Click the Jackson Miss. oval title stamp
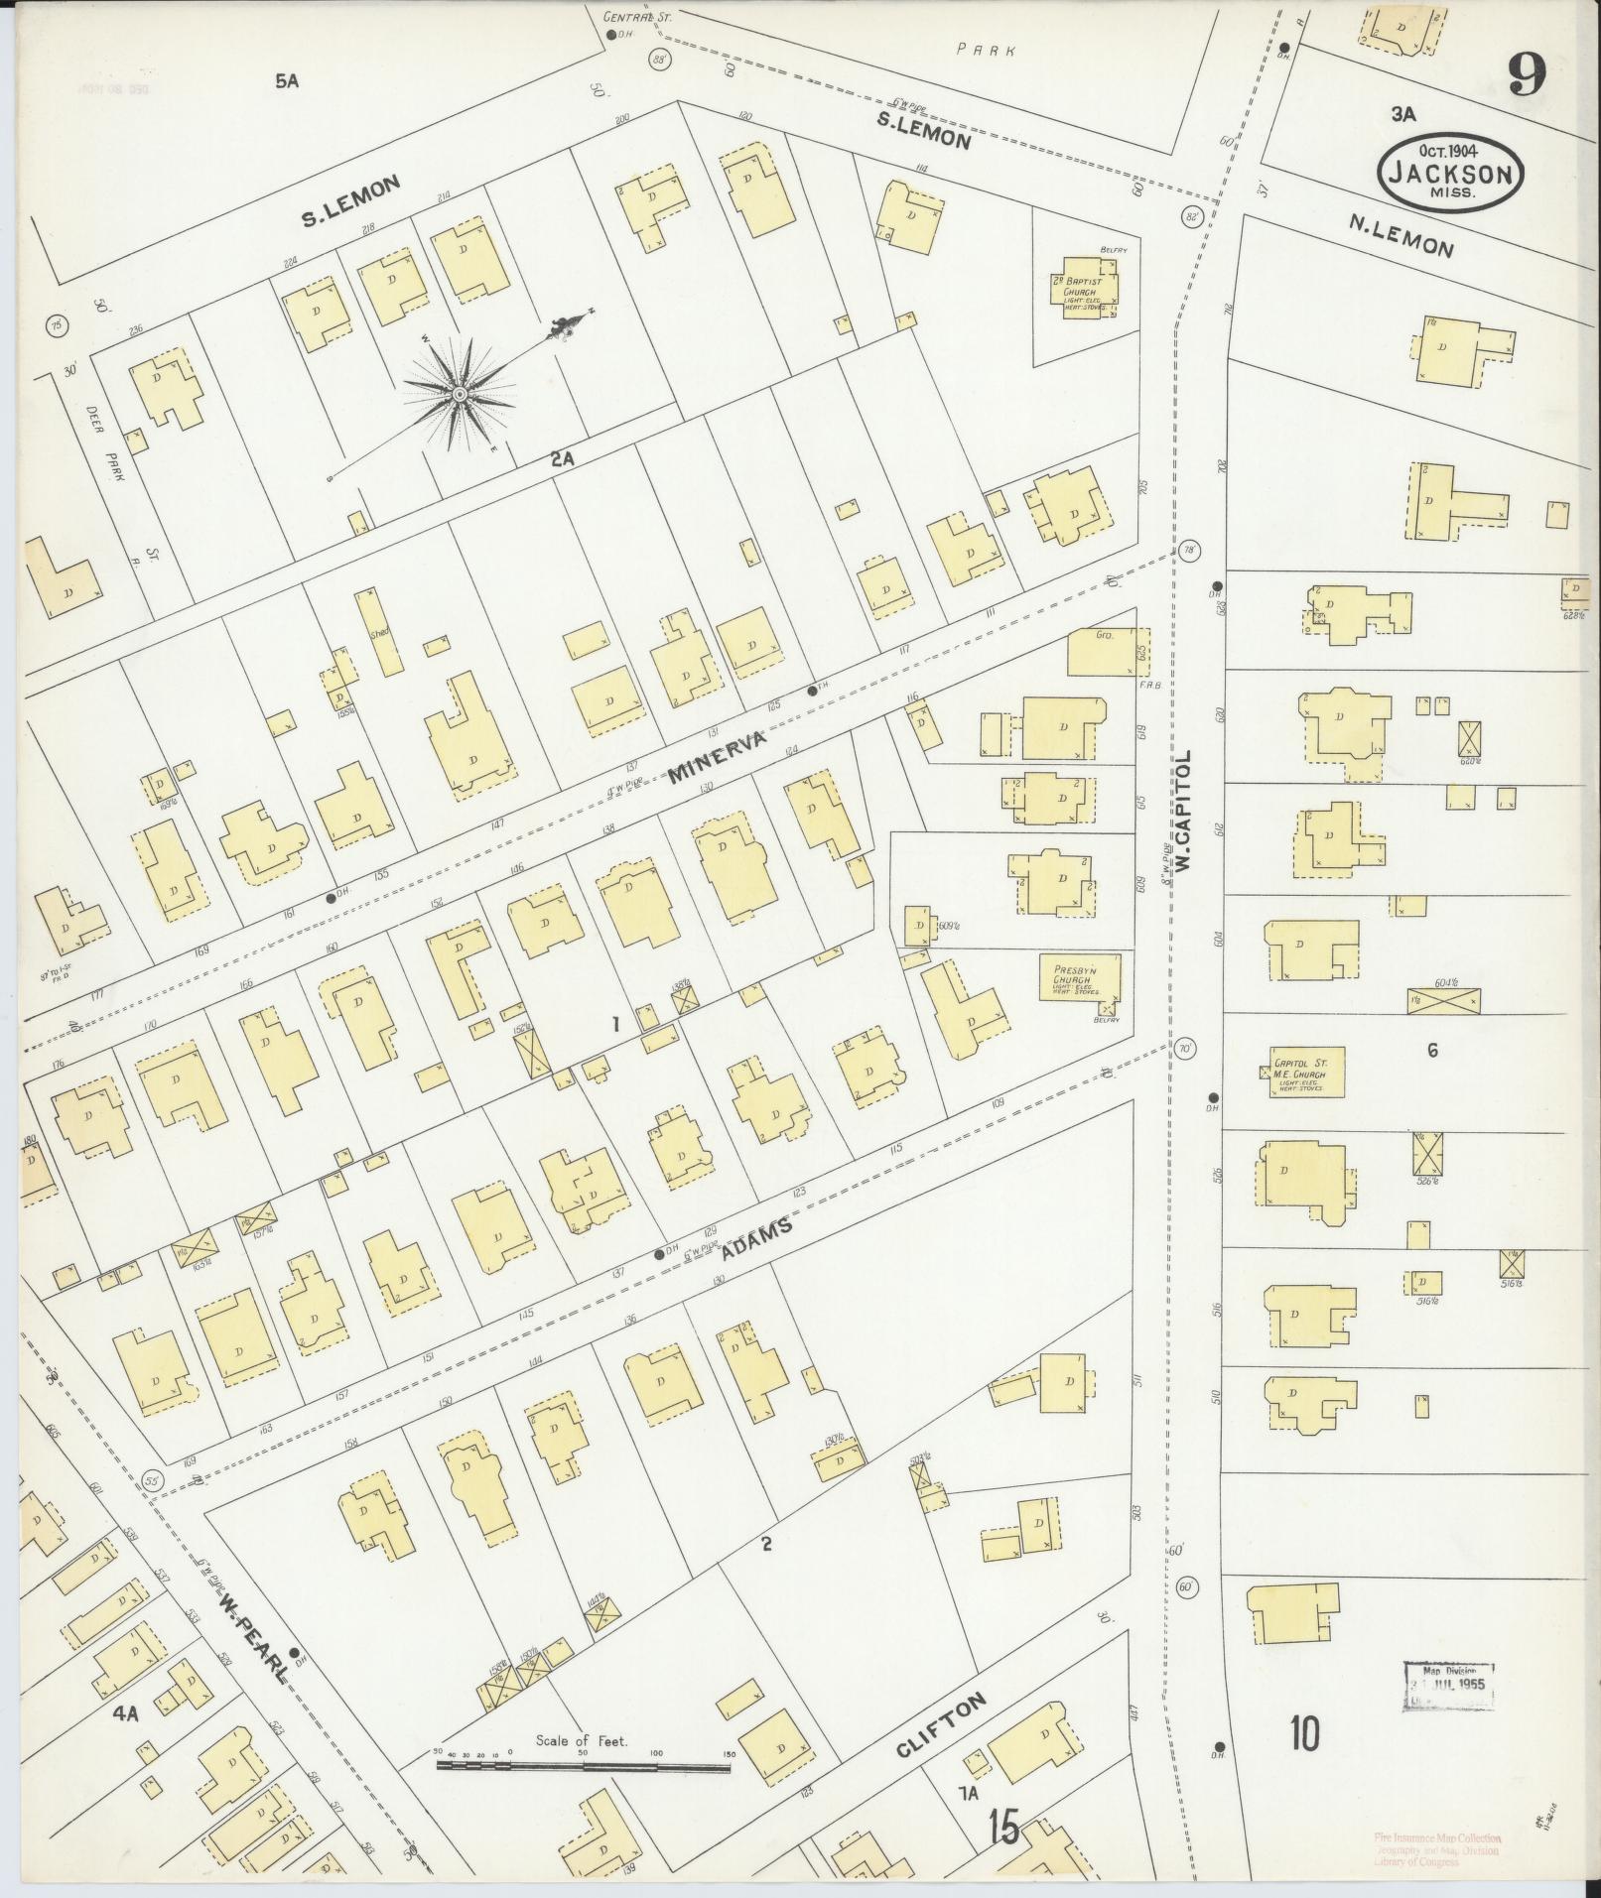click(x=1450, y=171)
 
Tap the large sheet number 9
click(x=1528, y=74)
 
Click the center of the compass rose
click(x=460, y=395)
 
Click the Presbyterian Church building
click(x=1079, y=976)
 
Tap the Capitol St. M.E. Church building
click(x=1306, y=1072)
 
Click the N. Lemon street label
click(x=1401, y=235)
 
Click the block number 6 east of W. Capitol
click(x=1431, y=1051)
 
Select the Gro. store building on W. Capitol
click(x=1102, y=652)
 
